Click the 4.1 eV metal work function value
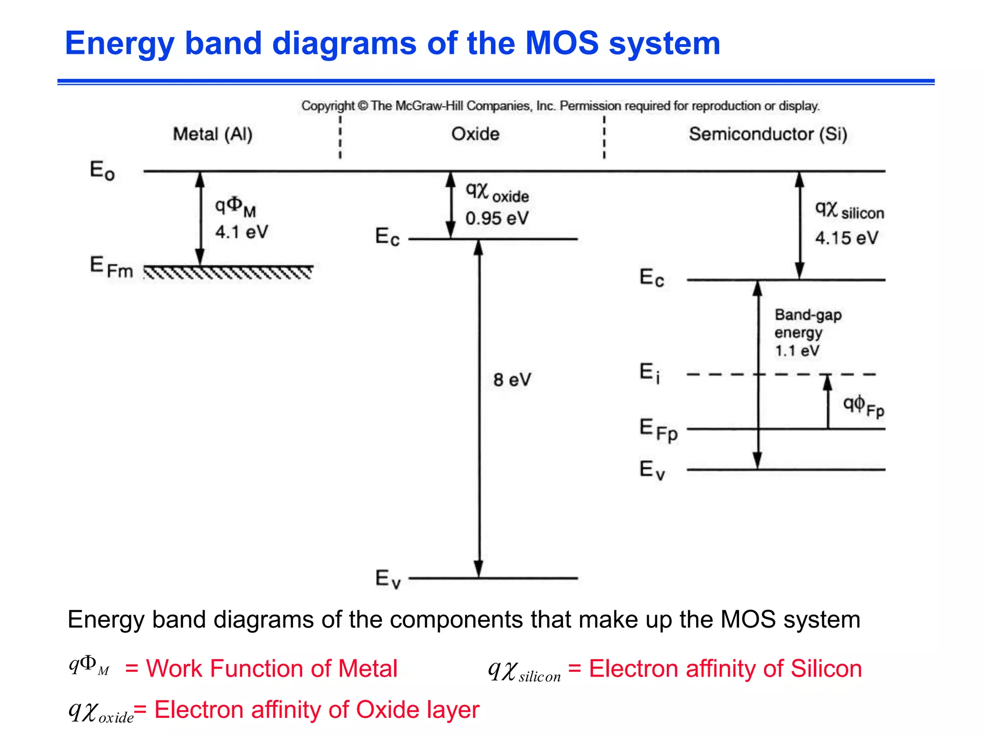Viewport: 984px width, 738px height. [x=241, y=232]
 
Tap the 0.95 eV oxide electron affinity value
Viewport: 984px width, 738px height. [x=496, y=219]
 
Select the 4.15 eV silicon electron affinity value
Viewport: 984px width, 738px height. [x=846, y=238]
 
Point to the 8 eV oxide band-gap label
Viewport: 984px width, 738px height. [x=512, y=380]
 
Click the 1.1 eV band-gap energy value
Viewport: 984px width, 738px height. [x=797, y=350]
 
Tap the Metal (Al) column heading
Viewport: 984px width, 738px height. [x=212, y=134]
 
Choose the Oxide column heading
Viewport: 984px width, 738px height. [x=475, y=134]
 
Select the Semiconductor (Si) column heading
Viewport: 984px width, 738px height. [x=767, y=134]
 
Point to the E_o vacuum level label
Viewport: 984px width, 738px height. [x=102, y=170]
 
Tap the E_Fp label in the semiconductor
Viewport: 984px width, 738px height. [x=658, y=429]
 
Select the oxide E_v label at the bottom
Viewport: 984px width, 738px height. [x=387, y=578]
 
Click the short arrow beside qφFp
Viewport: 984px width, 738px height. [x=827, y=401]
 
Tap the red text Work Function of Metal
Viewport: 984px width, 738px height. [x=271, y=668]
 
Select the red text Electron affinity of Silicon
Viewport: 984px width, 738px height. [x=725, y=668]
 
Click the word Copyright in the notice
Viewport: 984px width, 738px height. [x=328, y=106]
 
